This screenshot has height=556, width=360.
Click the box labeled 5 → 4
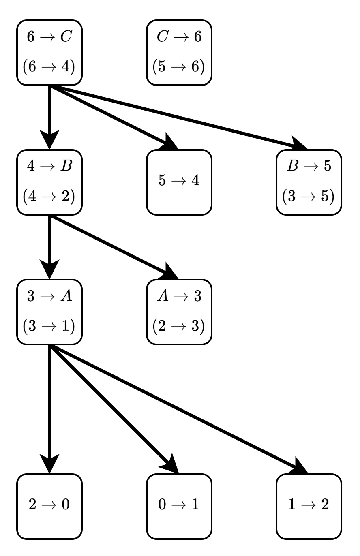point(179,182)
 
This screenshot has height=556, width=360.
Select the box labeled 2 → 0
point(49,507)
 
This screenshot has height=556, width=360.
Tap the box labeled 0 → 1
point(179,507)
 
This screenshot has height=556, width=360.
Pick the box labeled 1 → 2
point(309,507)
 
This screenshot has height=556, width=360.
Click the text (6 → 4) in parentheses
point(49,66)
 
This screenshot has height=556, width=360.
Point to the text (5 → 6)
point(179,66)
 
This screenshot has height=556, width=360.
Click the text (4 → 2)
point(49,196)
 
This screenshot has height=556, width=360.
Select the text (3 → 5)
point(309,196)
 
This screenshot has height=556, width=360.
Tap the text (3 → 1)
point(49,326)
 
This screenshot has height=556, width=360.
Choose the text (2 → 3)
point(179,326)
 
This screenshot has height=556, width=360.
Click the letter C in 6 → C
point(66,36)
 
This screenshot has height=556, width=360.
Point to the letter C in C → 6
point(163,36)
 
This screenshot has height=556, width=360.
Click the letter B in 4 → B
point(66,166)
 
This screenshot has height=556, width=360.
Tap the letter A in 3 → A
point(66,295)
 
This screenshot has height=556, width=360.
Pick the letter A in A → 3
point(163,295)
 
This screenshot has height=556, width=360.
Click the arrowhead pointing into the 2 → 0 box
point(49,464)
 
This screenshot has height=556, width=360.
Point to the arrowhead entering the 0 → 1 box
point(170,464)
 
